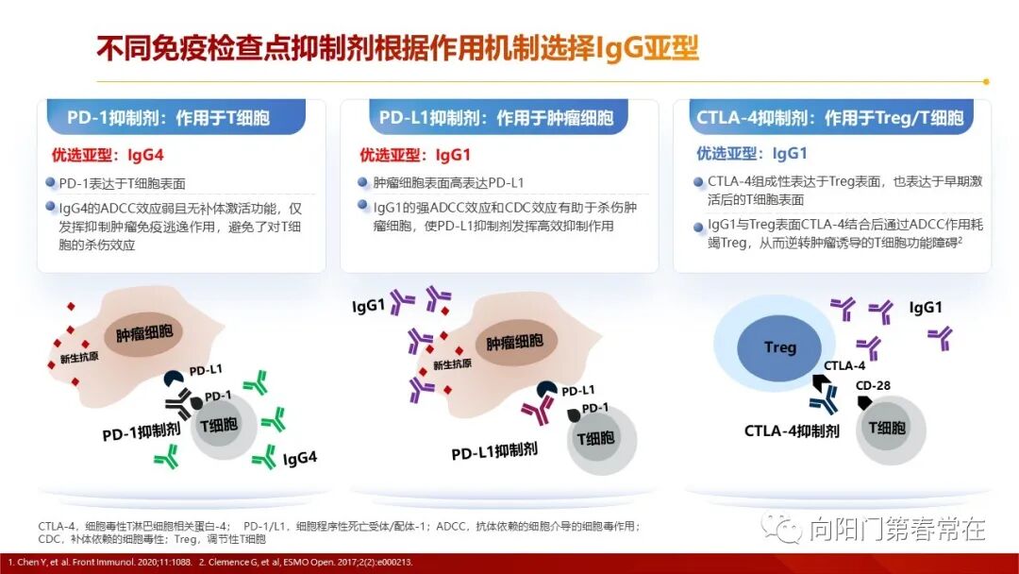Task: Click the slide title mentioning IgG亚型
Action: (x=397, y=47)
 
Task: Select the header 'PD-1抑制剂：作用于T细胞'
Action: (x=168, y=118)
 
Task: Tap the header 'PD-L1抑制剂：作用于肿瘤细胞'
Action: (x=495, y=118)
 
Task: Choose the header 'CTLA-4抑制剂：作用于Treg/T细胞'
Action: (x=829, y=118)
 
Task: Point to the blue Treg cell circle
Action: (x=779, y=347)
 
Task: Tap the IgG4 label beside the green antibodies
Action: (x=300, y=459)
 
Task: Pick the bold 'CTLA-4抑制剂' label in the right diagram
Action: (x=792, y=430)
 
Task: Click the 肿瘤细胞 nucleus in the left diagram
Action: (x=144, y=334)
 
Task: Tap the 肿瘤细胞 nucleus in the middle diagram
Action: (x=514, y=343)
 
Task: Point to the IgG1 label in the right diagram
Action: (x=926, y=308)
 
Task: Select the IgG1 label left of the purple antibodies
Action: (x=368, y=307)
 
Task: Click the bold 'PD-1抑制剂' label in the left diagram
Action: (x=142, y=431)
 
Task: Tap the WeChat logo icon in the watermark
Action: (x=781, y=527)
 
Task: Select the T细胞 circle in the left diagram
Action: (x=218, y=426)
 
